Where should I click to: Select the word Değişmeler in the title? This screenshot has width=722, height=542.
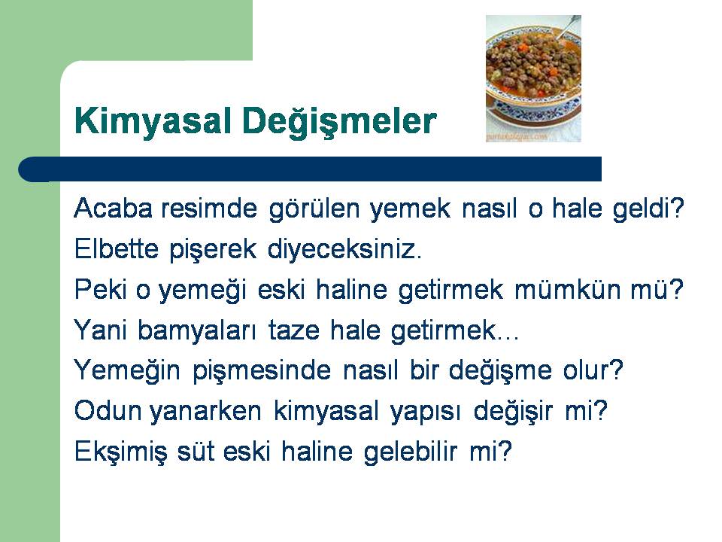339,121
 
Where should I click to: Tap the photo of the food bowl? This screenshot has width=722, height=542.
533,78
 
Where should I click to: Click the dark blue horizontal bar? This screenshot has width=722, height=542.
310,169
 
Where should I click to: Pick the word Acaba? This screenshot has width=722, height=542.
113,209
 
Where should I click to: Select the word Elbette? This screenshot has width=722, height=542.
116,249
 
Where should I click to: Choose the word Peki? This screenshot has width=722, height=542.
100,289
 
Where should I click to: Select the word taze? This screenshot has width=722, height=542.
294,330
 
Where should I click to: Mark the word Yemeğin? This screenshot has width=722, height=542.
127,371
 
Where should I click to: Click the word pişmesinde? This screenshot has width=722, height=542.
262,371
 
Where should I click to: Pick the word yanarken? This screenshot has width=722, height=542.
205,412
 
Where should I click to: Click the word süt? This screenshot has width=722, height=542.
196,451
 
